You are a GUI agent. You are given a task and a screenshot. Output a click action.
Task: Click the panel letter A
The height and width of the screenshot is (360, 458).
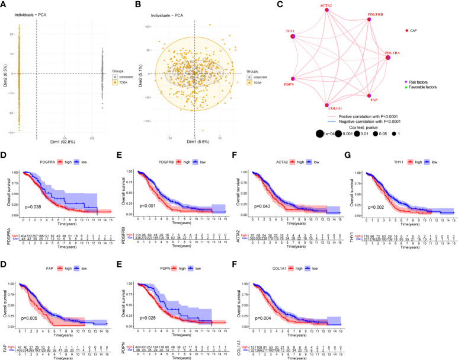tap(5, 5)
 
